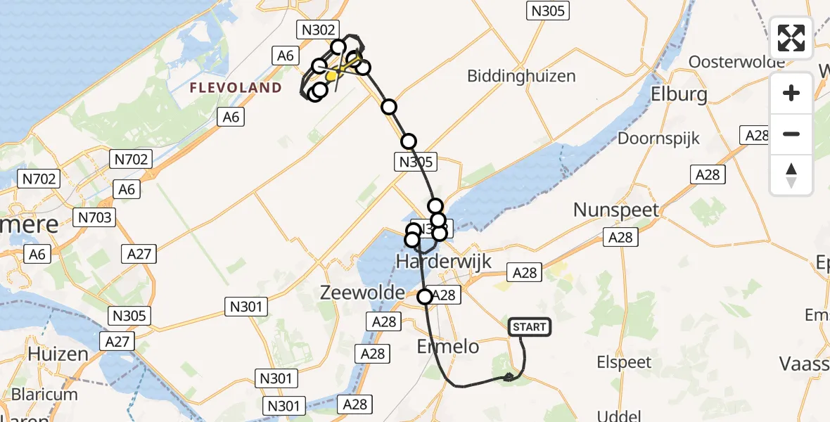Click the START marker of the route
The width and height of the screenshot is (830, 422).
(x=529, y=327)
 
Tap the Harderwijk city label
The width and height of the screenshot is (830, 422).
(x=443, y=261)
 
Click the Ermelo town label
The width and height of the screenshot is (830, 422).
(x=448, y=347)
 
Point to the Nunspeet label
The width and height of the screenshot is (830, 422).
(x=616, y=210)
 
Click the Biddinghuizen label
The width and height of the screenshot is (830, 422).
(x=521, y=76)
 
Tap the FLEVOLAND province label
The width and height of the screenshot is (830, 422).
(x=236, y=88)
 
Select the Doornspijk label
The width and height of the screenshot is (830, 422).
(x=658, y=138)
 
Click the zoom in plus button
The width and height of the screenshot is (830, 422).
(x=791, y=93)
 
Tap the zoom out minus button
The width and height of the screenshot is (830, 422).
(x=791, y=134)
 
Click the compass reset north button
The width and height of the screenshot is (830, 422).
(x=791, y=175)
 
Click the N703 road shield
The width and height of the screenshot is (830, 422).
(x=95, y=217)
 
